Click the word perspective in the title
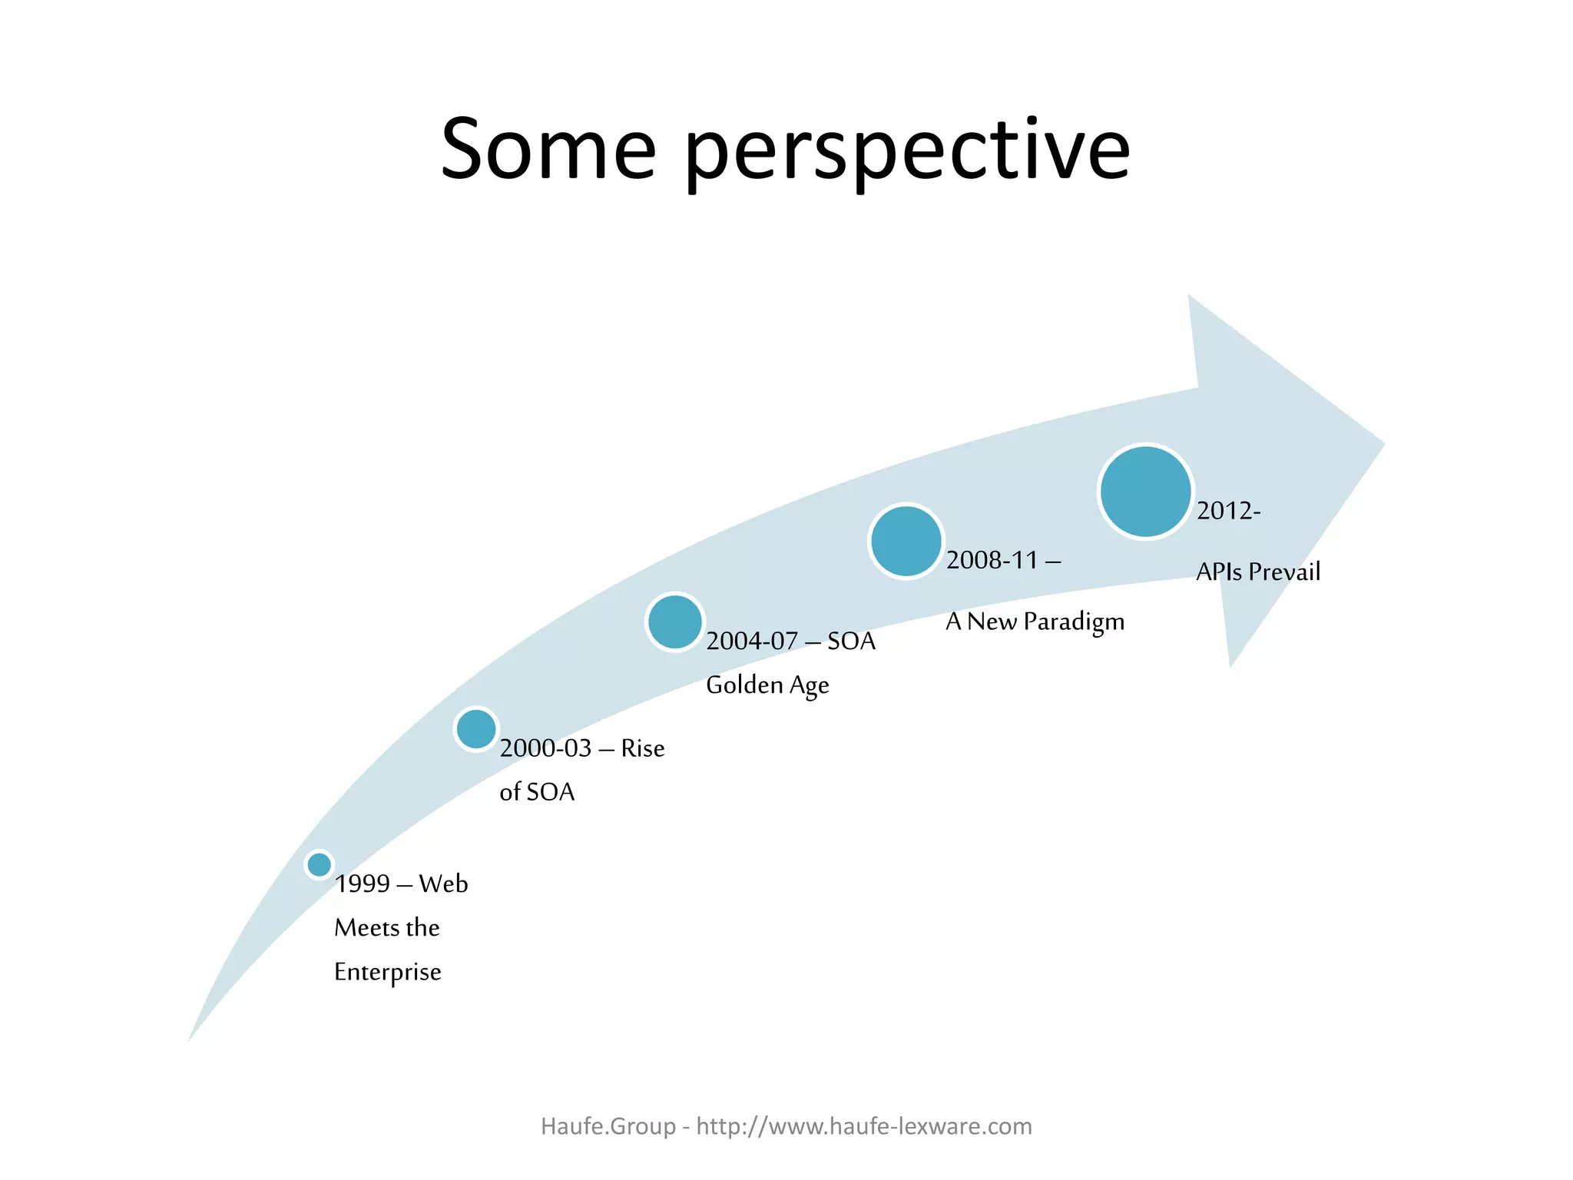point(906,154)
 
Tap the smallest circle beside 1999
point(319,864)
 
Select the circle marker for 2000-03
point(476,729)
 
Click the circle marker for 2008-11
point(906,541)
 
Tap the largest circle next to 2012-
point(1145,492)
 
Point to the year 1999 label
point(363,884)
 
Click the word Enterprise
point(387,972)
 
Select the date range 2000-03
point(545,748)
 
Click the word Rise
point(643,748)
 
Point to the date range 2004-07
point(752,641)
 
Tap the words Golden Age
point(767,684)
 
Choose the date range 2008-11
point(992,560)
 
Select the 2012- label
point(1228,511)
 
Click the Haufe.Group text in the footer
point(608,1126)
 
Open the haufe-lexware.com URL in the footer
point(864,1126)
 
